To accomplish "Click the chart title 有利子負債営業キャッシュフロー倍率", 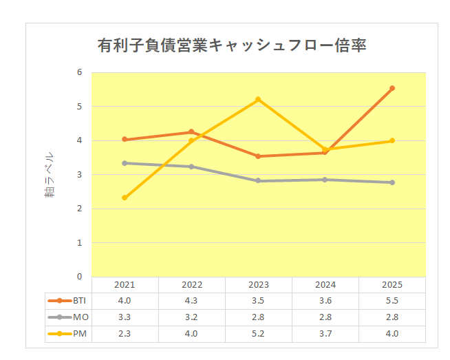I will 232,46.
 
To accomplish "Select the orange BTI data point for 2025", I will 392,88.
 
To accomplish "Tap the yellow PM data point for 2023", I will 258,99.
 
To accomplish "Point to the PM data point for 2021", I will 125,198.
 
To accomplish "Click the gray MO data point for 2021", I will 125,163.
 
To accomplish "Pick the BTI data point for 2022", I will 191,131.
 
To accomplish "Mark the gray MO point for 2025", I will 392,182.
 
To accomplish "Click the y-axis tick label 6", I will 79,72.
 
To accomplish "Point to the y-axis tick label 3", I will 79,174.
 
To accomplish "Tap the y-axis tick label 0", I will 79,277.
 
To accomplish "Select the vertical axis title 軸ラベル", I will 49,175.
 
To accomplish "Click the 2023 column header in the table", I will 258,285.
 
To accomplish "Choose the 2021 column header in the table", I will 125,285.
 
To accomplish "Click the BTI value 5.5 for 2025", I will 392,301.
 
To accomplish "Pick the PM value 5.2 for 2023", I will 258,334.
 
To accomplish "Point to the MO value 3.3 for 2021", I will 125,317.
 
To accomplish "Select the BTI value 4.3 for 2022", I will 191,301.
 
